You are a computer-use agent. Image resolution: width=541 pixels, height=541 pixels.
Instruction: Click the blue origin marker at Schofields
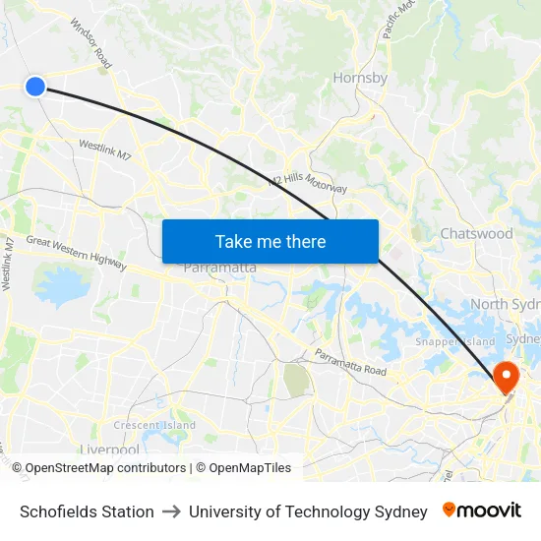click(x=35, y=87)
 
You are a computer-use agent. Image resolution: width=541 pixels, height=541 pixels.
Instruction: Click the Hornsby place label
click(x=360, y=78)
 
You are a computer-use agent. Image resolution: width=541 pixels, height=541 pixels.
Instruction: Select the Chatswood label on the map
click(x=476, y=234)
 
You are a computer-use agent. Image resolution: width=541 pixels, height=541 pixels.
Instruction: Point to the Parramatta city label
click(x=220, y=268)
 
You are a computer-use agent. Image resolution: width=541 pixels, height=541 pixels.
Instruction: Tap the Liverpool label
click(x=109, y=450)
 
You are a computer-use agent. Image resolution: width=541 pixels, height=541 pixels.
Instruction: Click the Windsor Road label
click(x=90, y=44)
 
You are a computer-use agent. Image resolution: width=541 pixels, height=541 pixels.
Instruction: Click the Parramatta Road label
click(x=351, y=363)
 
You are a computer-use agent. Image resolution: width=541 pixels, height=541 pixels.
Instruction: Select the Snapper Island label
click(x=454, y=341)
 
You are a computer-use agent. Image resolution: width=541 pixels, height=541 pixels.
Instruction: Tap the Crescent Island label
click(x=154, y=425)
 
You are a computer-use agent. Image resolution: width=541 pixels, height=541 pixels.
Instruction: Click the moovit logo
click(x=482, y=511)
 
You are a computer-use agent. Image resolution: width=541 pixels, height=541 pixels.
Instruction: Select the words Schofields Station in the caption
click(x=87, y=511)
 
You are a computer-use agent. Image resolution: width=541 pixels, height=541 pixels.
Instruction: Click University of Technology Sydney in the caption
click(x=308, y=511)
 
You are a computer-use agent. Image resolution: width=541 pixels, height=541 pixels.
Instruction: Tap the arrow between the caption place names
click(x=171, y=511)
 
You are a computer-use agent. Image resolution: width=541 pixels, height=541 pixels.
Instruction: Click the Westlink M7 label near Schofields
click(x=104, y=150)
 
